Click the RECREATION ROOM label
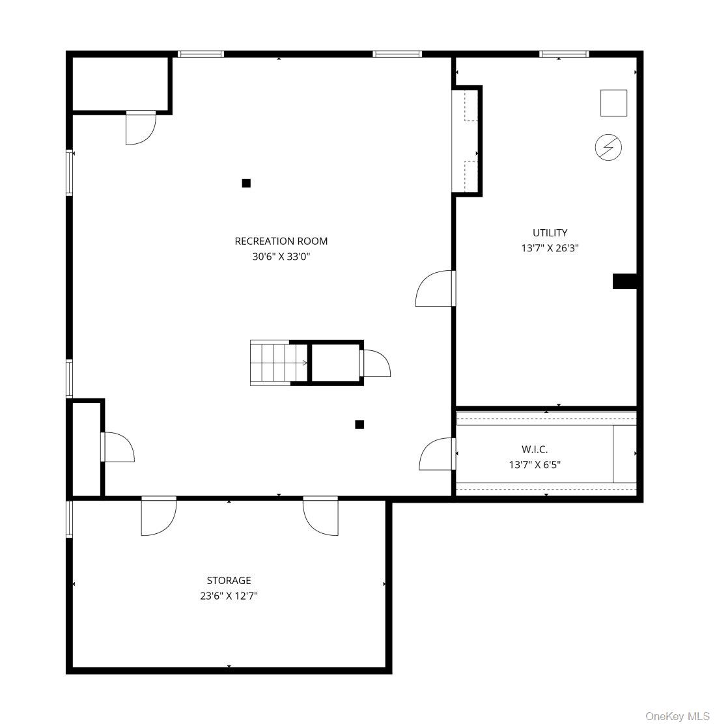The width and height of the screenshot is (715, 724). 281,241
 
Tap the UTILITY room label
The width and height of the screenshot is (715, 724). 550,232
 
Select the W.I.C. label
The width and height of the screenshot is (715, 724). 535,449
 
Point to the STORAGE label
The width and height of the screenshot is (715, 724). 229,580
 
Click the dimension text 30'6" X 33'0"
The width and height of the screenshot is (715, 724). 281,257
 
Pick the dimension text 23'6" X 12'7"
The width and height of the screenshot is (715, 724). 229,596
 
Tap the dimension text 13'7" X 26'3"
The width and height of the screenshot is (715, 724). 550,248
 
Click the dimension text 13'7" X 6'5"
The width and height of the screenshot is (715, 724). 535,464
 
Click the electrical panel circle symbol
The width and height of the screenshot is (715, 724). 608,147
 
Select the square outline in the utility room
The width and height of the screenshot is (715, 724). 613,103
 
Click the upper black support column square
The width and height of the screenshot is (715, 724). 246,184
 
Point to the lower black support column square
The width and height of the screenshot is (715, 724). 359,425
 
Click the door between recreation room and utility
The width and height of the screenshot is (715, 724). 435,288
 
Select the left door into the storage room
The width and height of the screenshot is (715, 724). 159,516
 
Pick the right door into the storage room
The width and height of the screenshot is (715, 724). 320,516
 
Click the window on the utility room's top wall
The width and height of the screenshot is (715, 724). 564,54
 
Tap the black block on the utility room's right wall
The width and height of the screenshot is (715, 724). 624,281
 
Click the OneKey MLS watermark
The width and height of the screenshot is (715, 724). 677,716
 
